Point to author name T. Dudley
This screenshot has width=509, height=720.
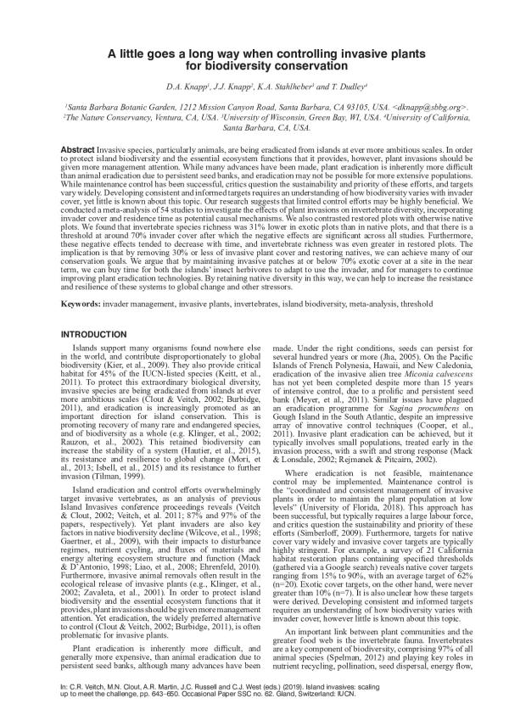tap(335, 86)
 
